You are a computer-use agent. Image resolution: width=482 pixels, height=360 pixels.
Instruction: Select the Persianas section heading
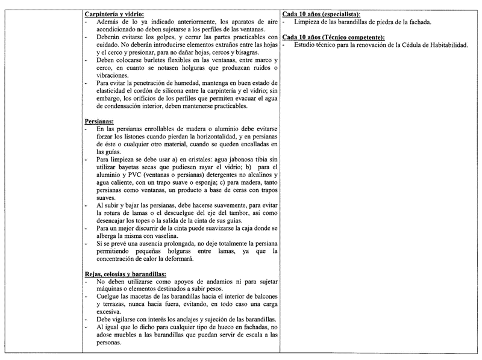coord(99,121)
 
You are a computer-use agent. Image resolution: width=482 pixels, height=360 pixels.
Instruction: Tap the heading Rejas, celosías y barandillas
coord(125,274)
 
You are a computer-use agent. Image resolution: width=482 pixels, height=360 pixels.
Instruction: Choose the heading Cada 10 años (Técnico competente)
coord(333,37)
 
